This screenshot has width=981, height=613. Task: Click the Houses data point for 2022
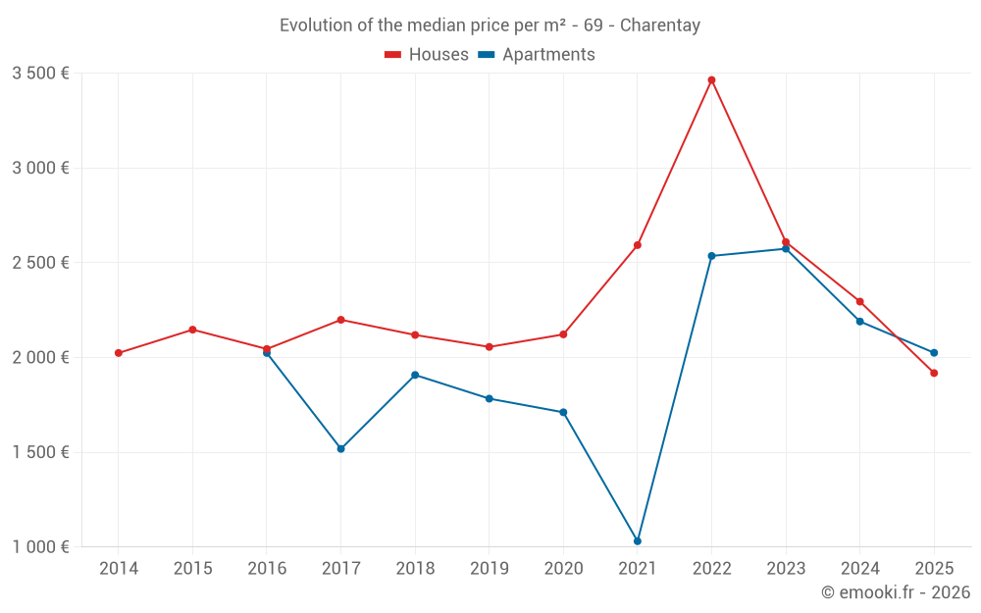pyautogui.click(x=711, y=80)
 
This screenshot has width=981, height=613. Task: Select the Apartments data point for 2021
pyautogui.click(x=638, y=541)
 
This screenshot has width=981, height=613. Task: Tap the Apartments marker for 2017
pyautogui.click(x=340, y=448)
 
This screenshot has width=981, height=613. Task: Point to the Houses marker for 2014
pyautogui.click(x=119, y=353)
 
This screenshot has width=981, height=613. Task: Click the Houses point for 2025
pyautogui.click(x=934, y=373)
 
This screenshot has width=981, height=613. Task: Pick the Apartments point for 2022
pyautogui.click(x=711, y=256)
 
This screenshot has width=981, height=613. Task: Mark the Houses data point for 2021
pyautogui.click(x=638, y=245)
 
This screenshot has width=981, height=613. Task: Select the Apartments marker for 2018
pyautogui.click(x=415, y=375)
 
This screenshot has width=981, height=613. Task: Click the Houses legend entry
pyautogui.click(x=427, y=55)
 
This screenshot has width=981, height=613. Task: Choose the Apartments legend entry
pyautogui.click(x=537, y=55)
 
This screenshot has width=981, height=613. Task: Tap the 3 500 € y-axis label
pyautogui.click(x=40, y=74)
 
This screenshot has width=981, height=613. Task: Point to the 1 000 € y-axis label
pyautogui.click(x=40, y=547)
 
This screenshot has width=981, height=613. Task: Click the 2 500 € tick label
pyautogui.click(x=40, y=263)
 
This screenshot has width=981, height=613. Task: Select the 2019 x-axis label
pyautogui.click(x=489, y=569)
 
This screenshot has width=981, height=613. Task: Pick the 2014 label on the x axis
pyautogui.click(x=119, y=569)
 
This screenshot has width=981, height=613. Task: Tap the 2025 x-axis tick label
pyautogui.click(x=934, y=569)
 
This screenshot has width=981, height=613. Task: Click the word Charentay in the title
pyautogui.click(x=660, y=26)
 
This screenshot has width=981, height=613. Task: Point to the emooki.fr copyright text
pyautogui.click(x=896, y=592)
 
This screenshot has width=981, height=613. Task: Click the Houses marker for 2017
pyautogui.click(x=340, y=320)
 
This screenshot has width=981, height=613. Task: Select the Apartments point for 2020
pyautogui.click(x=563, y=412)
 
